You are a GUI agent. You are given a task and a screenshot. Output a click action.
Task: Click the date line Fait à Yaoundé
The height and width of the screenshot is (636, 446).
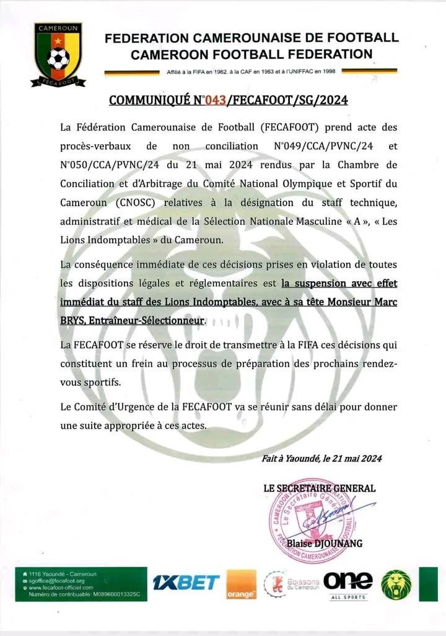[322, 458]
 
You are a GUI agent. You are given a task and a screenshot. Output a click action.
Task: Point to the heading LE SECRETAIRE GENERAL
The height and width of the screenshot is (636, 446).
[319, 488]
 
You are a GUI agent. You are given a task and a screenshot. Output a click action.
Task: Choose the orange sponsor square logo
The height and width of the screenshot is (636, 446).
[241, 585]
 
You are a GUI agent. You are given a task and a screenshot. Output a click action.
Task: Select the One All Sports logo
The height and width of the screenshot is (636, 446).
[348, 585]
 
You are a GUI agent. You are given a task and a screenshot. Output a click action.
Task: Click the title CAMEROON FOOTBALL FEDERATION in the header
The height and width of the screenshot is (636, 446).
[251, 54]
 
